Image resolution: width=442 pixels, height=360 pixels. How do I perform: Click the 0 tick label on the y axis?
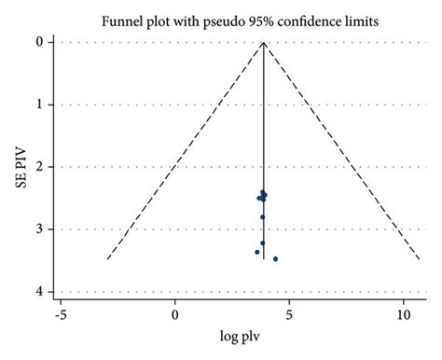click(38, 43)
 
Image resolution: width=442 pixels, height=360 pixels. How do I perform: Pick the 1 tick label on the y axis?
click(38, 104)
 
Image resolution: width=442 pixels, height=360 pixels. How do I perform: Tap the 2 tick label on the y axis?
click(38, 167)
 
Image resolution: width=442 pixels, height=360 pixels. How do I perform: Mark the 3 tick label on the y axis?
click(38, 229)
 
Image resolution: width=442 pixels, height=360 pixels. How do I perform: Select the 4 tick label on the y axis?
click(38, 292)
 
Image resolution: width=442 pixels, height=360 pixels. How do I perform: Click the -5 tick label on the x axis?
click(60, 315)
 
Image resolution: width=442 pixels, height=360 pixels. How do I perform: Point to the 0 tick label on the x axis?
click(175, 315)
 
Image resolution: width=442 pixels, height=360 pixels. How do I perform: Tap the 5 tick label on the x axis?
click(289, 315)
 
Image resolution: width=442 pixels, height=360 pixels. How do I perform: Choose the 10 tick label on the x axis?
click(403, 315)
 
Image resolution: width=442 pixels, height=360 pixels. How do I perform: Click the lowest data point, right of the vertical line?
click(275, 258)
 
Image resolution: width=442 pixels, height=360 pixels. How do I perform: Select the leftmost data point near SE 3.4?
click(257, 252)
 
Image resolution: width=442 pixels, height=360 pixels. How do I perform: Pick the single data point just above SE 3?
click(263, 216)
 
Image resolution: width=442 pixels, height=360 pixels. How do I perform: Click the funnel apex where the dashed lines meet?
click(264, 43)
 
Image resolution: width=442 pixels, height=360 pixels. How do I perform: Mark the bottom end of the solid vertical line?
click(264, 258)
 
